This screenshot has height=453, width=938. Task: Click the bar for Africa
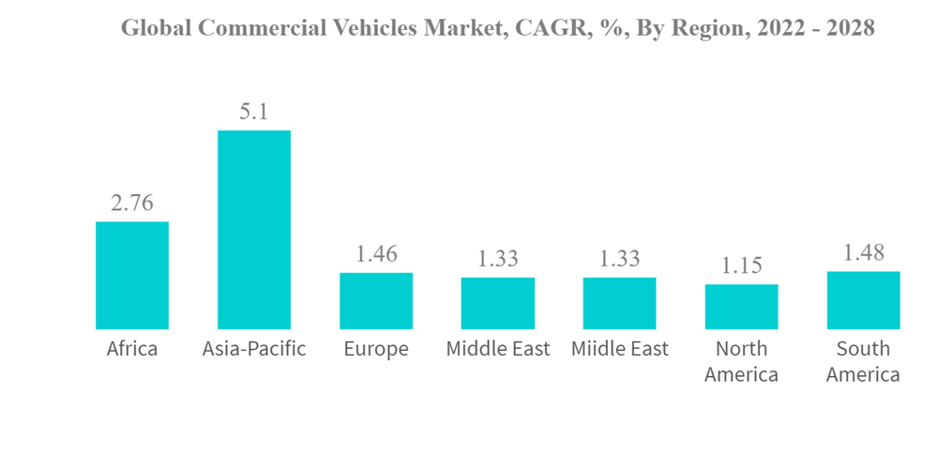(x=132, y=275)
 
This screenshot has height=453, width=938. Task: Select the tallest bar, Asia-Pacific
(x=254, y=230)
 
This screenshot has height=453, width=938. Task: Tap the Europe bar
(x=376, y=300)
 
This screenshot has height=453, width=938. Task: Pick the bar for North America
(x=741, y=306)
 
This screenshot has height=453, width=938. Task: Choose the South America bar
(x=863, y=300)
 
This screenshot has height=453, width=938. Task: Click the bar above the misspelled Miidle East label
(x=619, y=303)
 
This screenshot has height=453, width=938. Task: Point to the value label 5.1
(x=254, y=113)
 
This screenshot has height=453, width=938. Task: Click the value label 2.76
(x=132, y=204)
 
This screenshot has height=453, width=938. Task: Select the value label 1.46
(x=376, y=254)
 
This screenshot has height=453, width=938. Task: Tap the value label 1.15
(x=741, y=266)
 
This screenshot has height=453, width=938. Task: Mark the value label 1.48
(x=863, y=253)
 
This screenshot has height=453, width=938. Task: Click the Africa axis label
(x=132, y=349)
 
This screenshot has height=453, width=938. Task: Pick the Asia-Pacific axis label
(x=254, y=350)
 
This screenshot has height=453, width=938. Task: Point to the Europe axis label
(x=376, y=350)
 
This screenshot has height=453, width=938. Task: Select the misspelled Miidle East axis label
(x=619, y=349)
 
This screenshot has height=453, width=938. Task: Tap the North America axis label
(x=741, y=361)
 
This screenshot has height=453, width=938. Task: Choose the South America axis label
(x=863, y=361)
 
